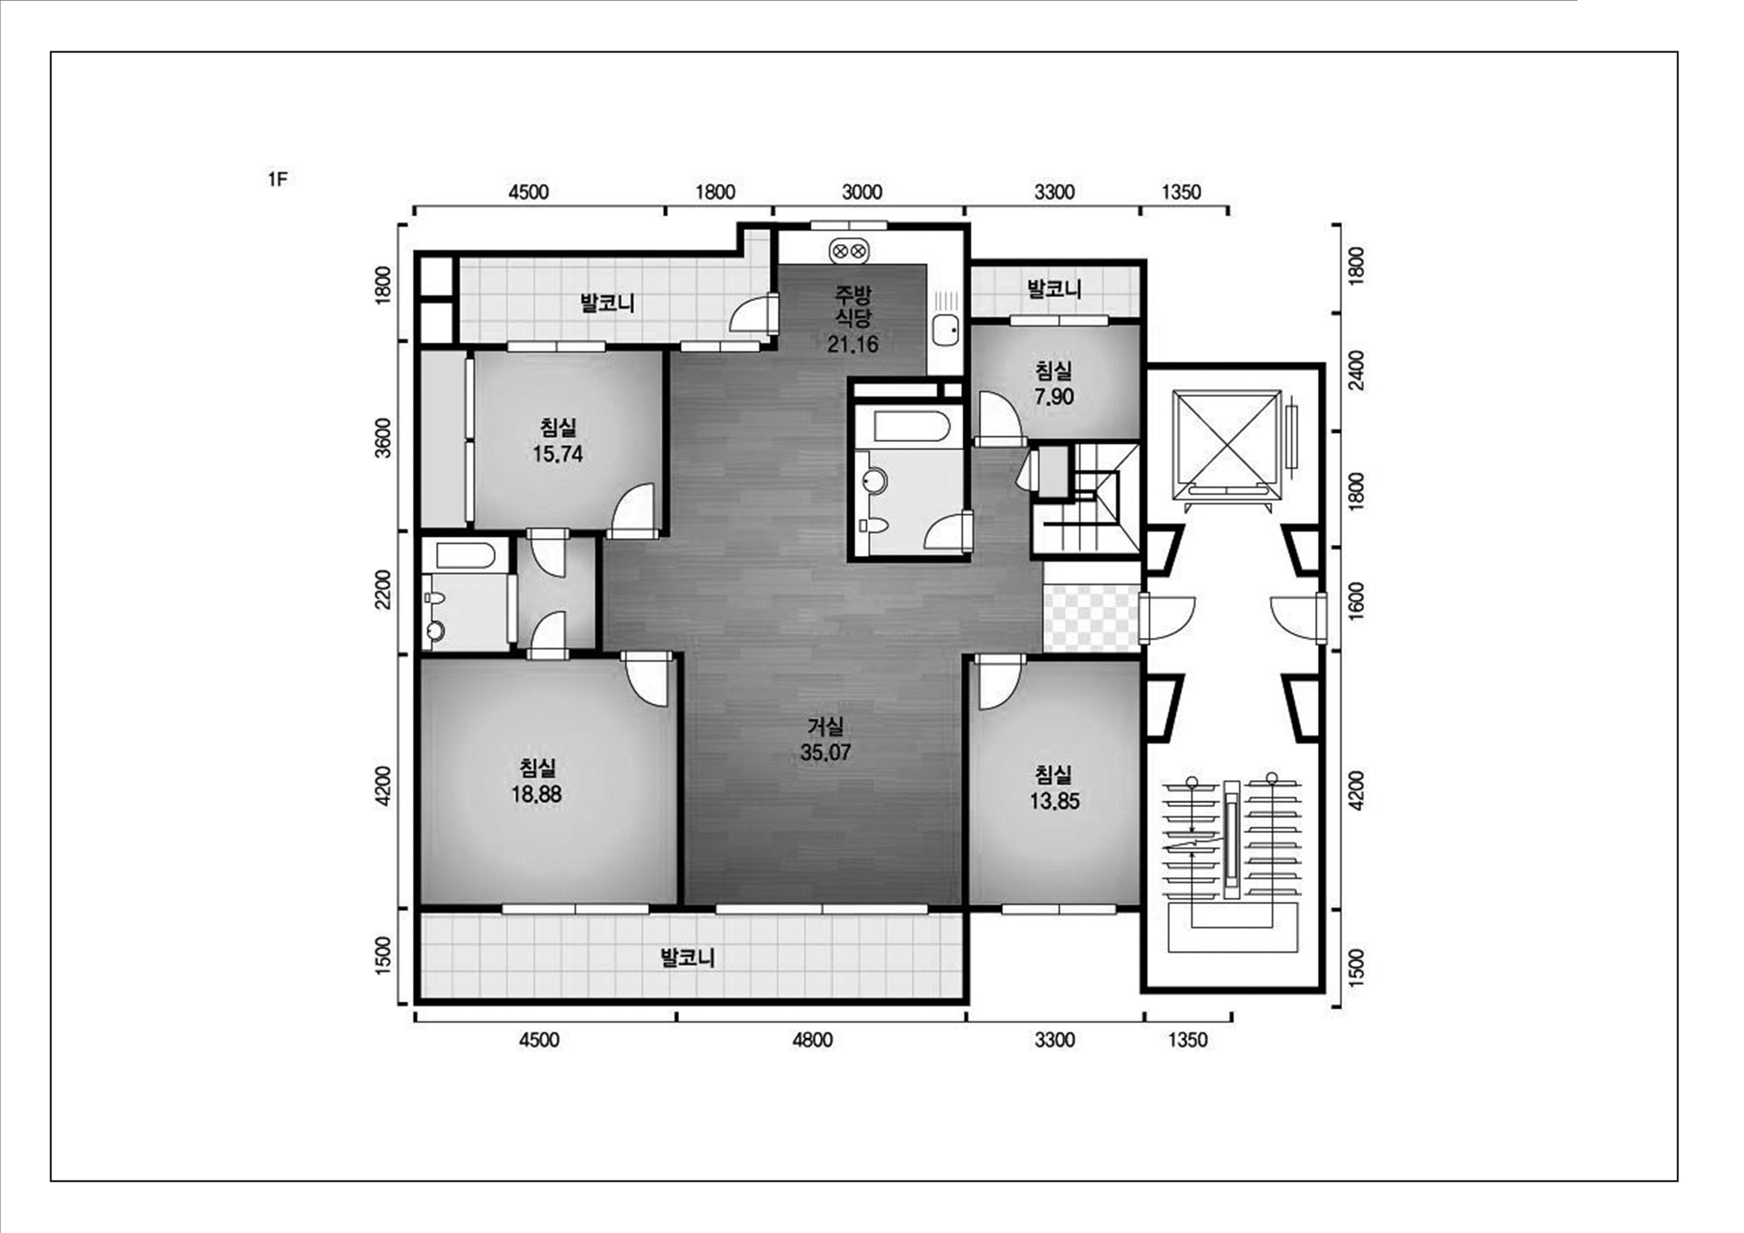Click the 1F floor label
pyautogui.click(x=277, y=180)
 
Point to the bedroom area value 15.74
pyautogui.click(x=558, y=454)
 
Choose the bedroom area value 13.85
pyautogui.click(x=1054, y=801)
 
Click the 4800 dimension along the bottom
pyautogui.click(x=813, y=1040)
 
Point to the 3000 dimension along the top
pyautogui.click(x=862, y=192)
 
